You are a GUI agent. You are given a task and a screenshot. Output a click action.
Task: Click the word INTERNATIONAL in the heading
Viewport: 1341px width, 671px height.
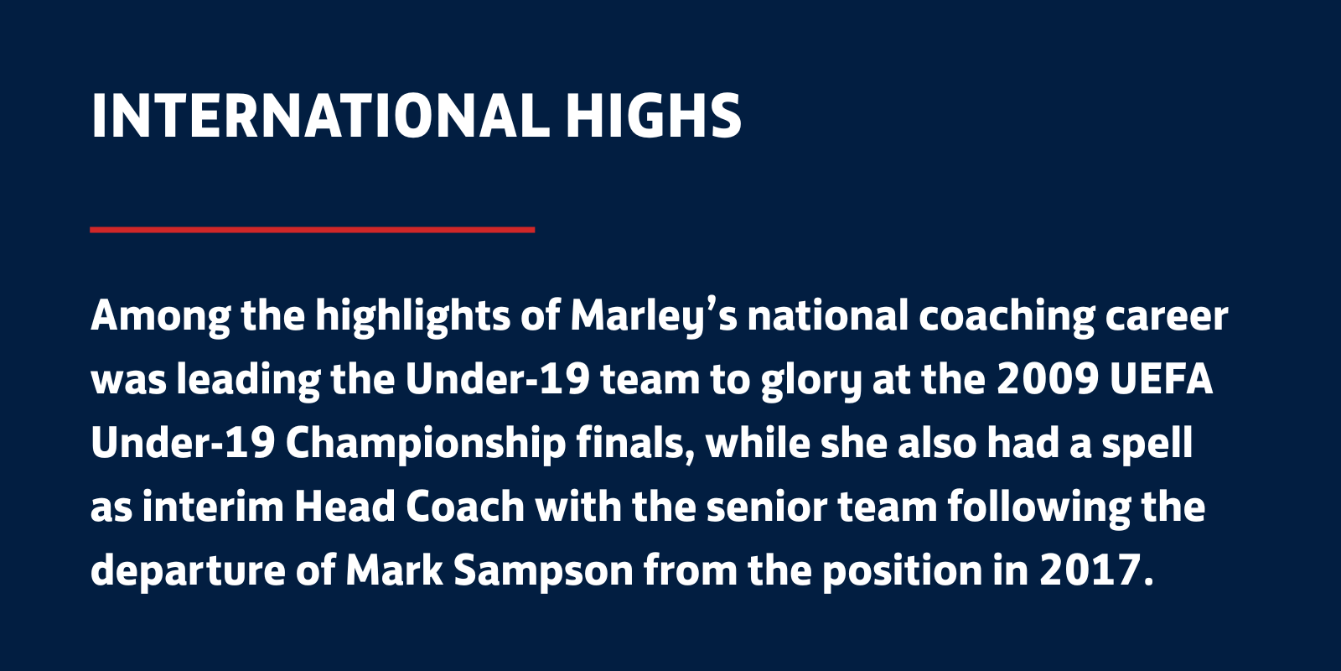320,116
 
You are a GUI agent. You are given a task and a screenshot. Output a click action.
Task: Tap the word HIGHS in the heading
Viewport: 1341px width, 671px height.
654,116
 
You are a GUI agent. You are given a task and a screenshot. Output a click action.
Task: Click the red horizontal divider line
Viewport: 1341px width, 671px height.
312,230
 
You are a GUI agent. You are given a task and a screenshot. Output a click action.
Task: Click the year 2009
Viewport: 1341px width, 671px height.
1047,380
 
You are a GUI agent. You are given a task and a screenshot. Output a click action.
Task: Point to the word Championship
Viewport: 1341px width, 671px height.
426,445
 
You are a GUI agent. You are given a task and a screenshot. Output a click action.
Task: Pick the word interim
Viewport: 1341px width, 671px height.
213,507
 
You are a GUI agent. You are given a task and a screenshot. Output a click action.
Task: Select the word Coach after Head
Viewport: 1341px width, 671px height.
465,507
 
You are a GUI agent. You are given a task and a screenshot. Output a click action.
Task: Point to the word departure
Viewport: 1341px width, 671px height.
188,571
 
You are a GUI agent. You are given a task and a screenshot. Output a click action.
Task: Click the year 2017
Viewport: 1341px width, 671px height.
1091,570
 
